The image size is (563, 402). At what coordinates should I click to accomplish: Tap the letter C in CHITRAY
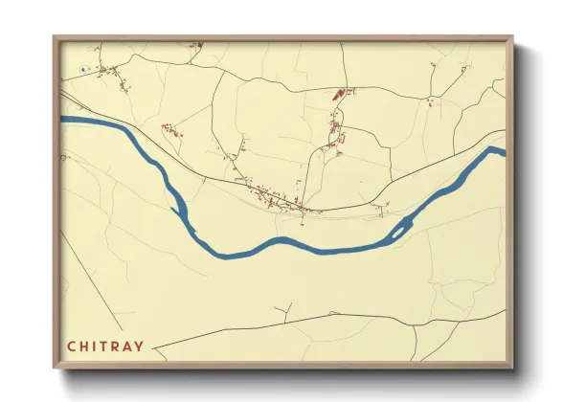tap(70, 346)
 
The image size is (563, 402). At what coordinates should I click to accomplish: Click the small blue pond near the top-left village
tap(85, 69)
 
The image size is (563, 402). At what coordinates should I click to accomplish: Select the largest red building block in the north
tap(337, 95)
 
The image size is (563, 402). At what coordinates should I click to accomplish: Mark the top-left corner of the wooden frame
tap(54, 37)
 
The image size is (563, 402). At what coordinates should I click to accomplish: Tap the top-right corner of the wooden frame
tap(512, 37)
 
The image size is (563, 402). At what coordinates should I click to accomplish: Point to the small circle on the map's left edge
tap(63, 156)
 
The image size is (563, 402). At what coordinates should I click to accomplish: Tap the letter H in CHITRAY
tap(83, 346)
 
